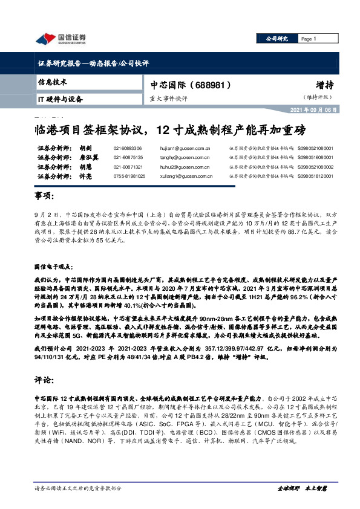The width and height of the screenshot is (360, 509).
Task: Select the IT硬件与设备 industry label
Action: [60, 98]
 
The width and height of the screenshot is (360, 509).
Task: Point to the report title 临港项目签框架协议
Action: [87, 129]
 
